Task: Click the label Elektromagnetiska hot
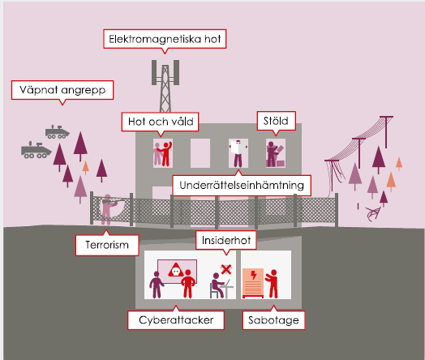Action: click(x=165, y=39)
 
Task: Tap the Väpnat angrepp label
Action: click(x=62, y=90)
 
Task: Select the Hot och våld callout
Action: click(x=161, y=122)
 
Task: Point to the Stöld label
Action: click(x=276, y=121)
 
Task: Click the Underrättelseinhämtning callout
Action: click(x=242, y=186)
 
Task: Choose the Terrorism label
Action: click(x=107, y=245)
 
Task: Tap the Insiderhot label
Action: click(x=226, y=240)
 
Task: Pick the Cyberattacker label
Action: click(x=176, y=320)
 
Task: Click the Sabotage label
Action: click(x=273, y=320)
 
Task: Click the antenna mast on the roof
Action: click(x=165, y=86)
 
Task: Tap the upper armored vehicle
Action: click(x=57, y=132)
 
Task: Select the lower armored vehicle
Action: click(x=36, y=150)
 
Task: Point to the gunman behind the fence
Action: click(x=108, y=209)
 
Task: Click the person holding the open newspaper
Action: click(x=238, y=153)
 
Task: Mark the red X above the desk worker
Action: click(x=226, y=269)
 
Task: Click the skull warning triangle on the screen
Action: click(x=176, y=270)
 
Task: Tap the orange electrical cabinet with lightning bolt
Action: click(x=253, y=283)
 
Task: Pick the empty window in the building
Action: click(x=200, y=153)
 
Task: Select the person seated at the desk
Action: click(x=218, y=285)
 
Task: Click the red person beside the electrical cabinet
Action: click(x=273, y=284)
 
